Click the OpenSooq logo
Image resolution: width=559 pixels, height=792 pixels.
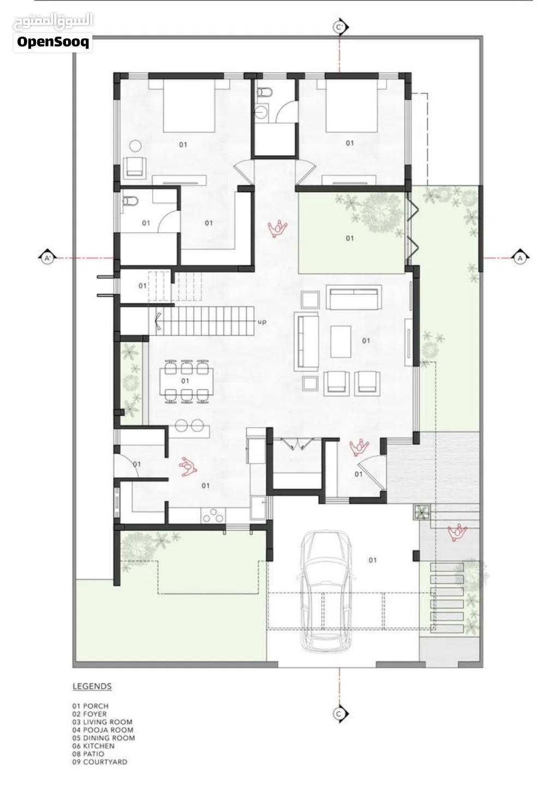point(53,43)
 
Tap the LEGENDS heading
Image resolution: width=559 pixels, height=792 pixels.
point(92,687)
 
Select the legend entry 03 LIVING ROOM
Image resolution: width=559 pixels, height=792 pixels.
point(103,722)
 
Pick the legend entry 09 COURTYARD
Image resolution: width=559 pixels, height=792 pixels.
point(99,762)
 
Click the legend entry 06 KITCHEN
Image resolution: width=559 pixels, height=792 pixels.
point(93,746)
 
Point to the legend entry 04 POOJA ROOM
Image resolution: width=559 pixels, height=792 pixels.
point(103,730)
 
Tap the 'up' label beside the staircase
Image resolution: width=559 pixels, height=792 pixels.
point(261,322)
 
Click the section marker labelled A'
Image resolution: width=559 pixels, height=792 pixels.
point(47,259)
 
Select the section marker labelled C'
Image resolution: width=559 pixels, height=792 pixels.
point(340,27)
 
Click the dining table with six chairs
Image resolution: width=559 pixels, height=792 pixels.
point(186,381)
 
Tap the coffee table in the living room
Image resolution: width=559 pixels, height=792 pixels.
point(341,342)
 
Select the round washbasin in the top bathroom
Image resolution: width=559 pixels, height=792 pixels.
point(261,112)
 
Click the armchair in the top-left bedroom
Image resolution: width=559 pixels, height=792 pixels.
point(134,167)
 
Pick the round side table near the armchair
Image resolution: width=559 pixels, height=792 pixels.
point(135,146)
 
